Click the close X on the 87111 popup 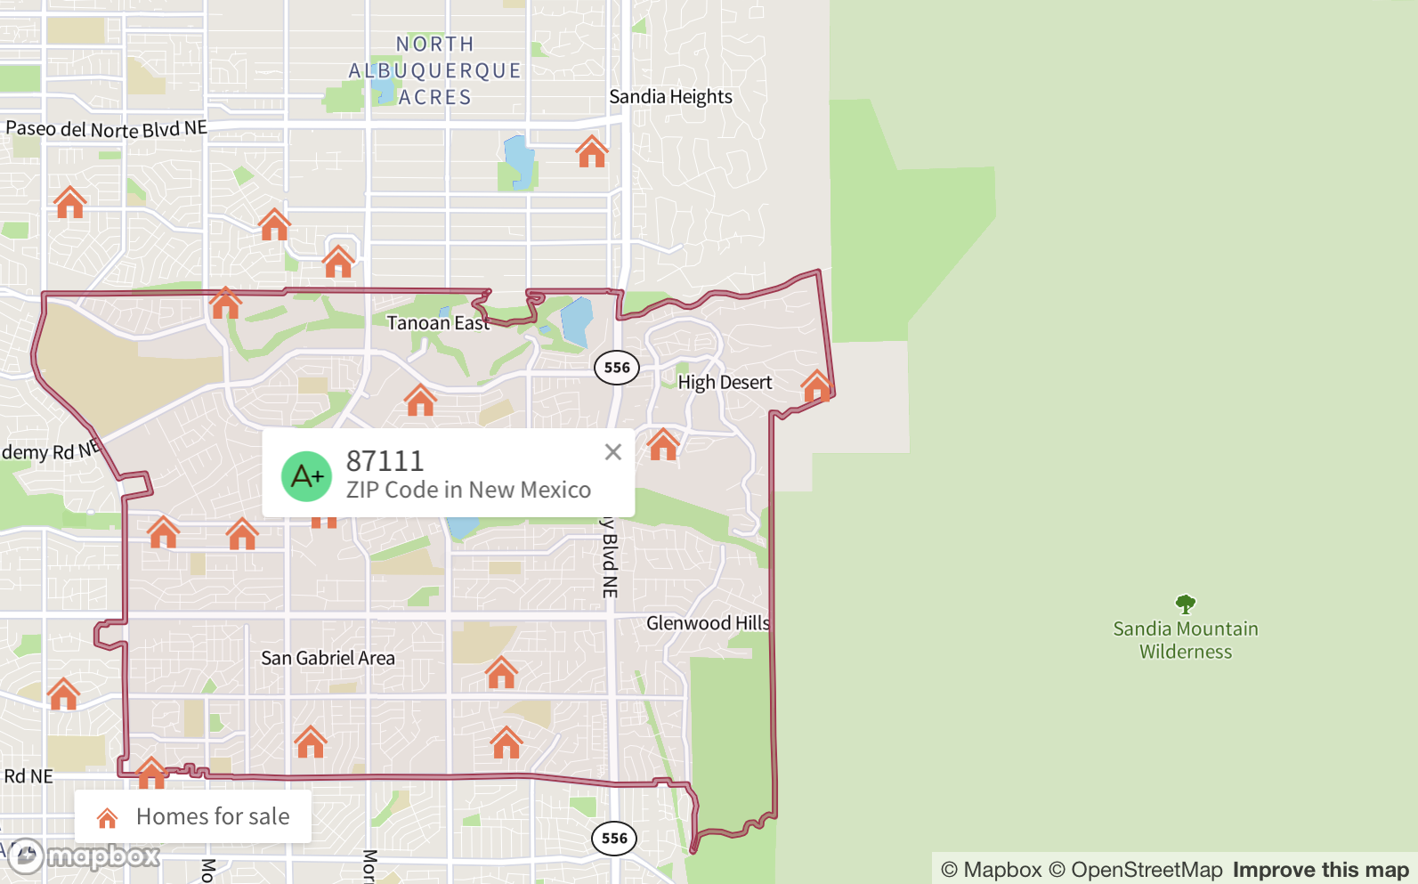click(612, 452)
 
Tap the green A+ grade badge click(307, 476)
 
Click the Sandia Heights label click(670, 97)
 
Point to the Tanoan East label click(438, 323)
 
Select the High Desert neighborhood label click(725, 383)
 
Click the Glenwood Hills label click(708, 623)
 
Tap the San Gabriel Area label click(328, 659)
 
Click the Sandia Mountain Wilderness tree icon click(1185, 604)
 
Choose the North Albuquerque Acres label click(434, 70)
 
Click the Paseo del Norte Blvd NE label click(106, 129)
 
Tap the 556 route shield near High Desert click(617, 368)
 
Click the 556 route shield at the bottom click(614, 838)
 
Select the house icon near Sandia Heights click(592, 152)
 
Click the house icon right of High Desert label click(816, 386)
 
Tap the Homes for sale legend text click(213, 816)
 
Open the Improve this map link click(1320, 870)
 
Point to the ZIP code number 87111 click(385, 461)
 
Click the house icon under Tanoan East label click(420, 401)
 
